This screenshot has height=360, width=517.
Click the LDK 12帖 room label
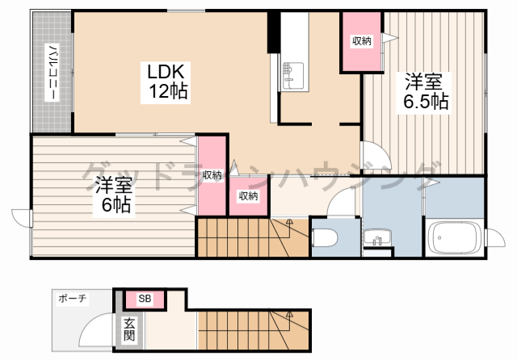click(166, 82)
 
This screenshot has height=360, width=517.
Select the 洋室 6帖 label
click(114, 195)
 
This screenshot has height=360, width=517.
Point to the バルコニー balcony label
click(52, 72)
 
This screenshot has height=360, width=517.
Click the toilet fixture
click(325, 237)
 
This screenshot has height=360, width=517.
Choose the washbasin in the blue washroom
click(377, 237)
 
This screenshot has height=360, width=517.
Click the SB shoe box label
click(145, 299)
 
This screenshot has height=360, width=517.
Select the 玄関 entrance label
click(129, 329)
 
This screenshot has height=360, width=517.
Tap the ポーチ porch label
click(72, 299)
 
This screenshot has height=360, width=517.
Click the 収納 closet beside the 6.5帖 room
click(362, 41)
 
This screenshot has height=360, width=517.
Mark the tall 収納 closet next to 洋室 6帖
click(212, 175)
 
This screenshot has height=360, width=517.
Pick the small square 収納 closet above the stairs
click(248, 196)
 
